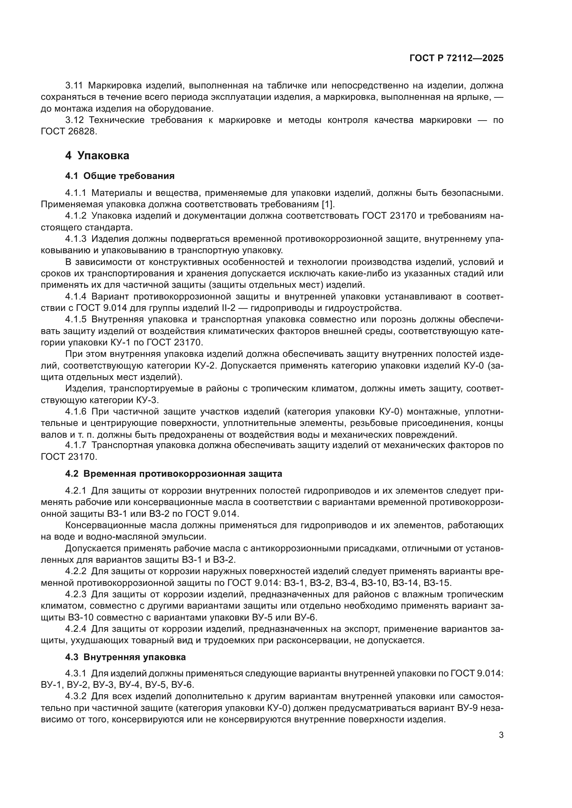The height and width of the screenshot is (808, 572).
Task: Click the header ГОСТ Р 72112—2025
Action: pyautogui.click(x=456, y=58)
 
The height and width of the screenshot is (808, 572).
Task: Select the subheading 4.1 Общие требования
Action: pyautogui.click(x=120, y=176)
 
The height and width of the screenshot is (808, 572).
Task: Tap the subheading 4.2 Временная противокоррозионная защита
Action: pyautogui.click(x=173, y=474)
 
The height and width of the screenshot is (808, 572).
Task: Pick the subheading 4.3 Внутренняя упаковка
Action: pyautogui.click(x=125, y=657)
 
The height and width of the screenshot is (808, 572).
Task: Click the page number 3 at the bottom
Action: pyautogui.click(x=501, y=735)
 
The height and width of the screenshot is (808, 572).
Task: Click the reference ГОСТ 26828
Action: pyautogui.click(x=68, y=132)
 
